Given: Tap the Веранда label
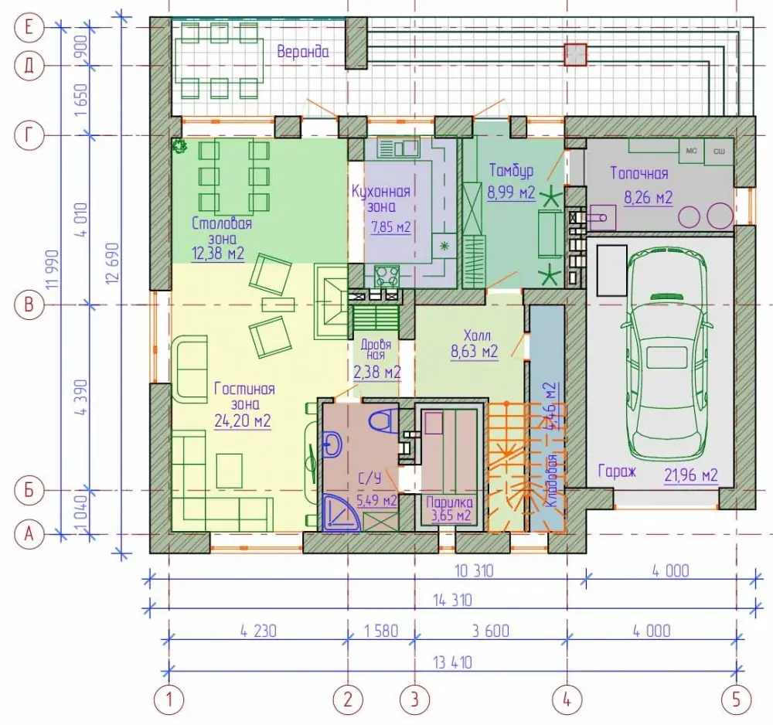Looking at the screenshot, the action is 303,51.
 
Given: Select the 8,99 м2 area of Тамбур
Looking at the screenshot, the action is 511,192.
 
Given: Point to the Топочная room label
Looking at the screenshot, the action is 639,173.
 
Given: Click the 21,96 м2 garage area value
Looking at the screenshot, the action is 690,475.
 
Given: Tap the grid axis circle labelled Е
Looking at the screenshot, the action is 29,26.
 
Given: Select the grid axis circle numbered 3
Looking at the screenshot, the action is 414,699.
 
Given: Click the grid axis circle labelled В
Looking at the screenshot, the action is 29,304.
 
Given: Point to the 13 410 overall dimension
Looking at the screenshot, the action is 452,662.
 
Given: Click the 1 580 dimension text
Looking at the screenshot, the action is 381,631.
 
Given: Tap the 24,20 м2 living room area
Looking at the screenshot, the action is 243,421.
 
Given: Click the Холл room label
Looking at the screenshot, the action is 477,335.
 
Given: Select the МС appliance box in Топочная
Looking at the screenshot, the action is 691,151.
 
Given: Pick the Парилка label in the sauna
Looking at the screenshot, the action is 449,502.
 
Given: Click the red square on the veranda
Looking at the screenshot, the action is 575,54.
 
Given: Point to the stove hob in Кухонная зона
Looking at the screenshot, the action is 387,276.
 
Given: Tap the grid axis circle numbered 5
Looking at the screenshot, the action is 737,699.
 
